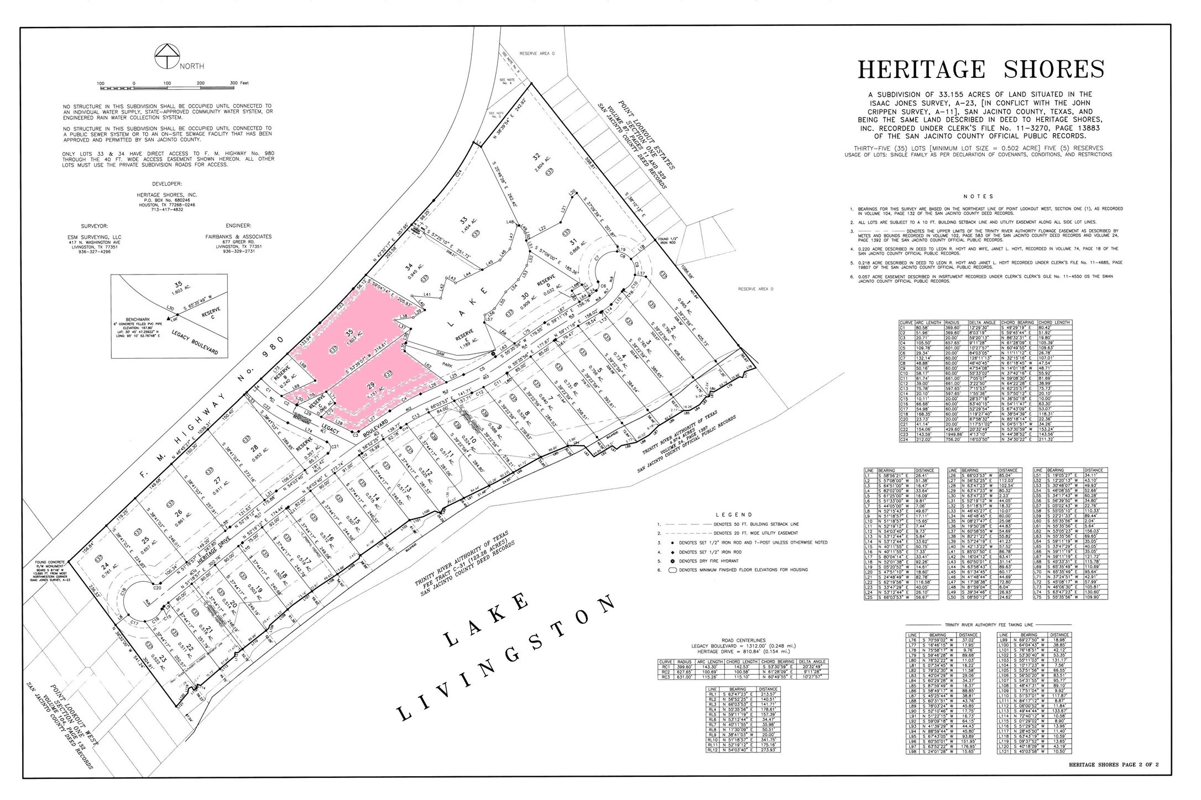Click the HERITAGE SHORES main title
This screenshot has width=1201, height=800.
(x=981, y=70)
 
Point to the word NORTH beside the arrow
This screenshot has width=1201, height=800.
(x=191, y=66)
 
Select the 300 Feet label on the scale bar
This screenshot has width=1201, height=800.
(x=239, y=83)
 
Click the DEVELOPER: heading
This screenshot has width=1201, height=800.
(x=166, y=183)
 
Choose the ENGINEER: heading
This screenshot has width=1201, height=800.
(x=238, y=226)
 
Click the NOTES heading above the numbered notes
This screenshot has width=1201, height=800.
(x=978, y=196)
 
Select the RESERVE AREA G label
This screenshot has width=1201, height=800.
(x=536, y=54)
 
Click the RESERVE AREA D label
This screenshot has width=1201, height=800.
(x=755, y=289)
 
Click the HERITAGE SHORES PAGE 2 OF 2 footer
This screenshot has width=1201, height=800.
(x=1113, y=765)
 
